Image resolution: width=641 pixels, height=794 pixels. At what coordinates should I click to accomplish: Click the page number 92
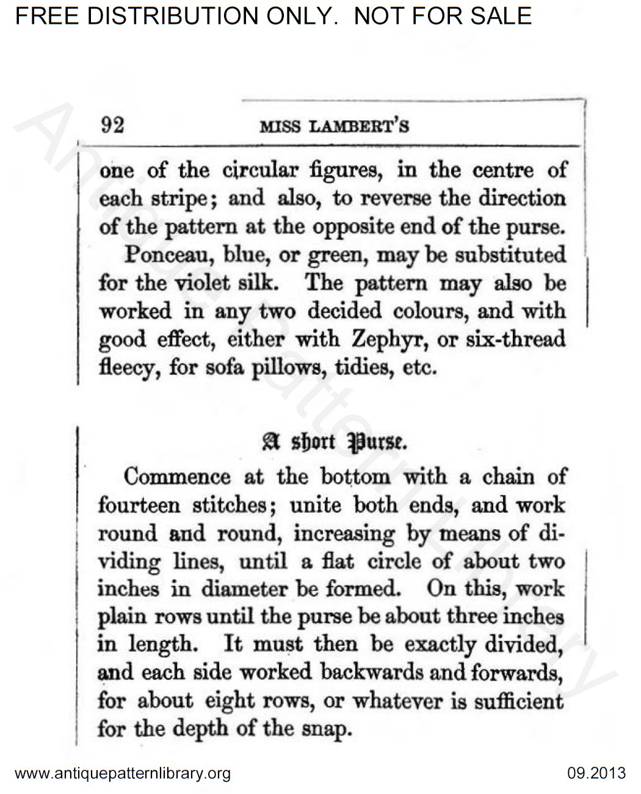pyautogui.click(x=112, y=125)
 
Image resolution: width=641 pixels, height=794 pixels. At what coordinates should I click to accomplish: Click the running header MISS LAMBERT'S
pyautogui.click(x=334, y=127)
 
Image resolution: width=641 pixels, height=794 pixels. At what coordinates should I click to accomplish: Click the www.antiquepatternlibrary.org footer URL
pyautogui.click(x=122, y=774)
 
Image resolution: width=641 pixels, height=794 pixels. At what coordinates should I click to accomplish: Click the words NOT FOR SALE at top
pyautogui.click(x=443, y=15)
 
